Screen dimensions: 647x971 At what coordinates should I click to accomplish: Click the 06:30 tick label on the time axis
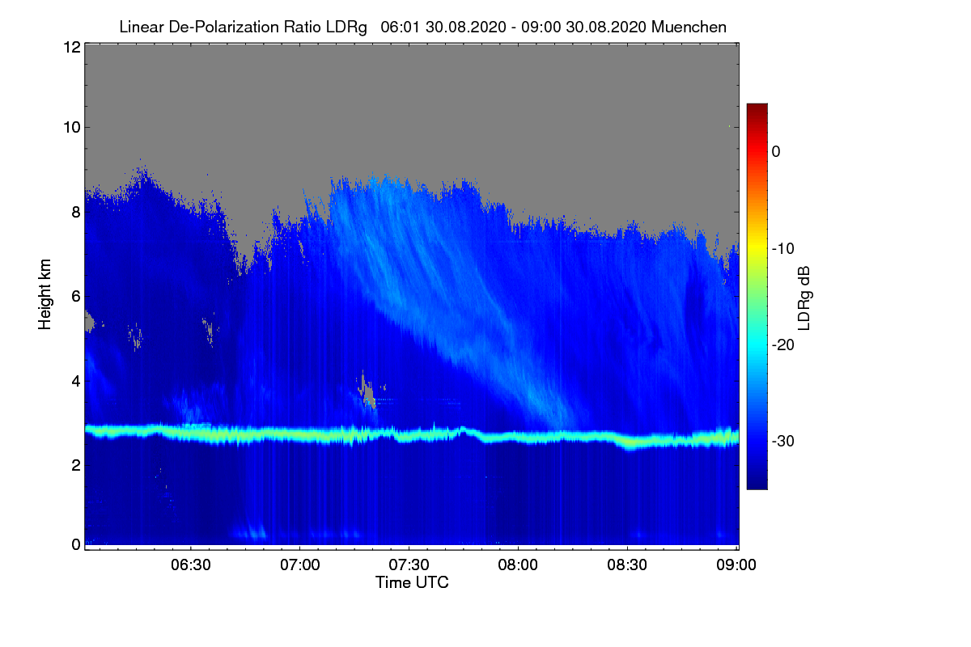click(190, 565)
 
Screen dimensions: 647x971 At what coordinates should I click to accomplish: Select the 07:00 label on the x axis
click(299, 565)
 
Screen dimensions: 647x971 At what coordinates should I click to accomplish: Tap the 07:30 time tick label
click(409, 565)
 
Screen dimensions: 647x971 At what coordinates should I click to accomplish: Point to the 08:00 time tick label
click(518, 565)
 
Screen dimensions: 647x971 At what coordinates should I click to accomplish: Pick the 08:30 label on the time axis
click(627, 565)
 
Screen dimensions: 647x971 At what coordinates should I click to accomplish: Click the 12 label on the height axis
click(70, 47)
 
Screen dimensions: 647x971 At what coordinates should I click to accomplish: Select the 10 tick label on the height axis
click(70, 127)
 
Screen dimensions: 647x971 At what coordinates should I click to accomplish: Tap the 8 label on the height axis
click(74, 213)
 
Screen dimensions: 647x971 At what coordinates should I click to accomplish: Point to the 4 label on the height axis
click(74, 380)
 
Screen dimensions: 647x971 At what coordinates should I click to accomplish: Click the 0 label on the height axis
click(74, 544)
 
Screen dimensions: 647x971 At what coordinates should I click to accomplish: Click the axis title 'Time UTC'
click(412, 582)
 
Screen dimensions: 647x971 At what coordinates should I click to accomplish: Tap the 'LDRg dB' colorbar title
click(804, 297)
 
